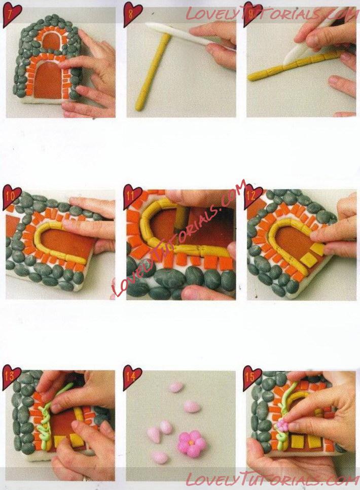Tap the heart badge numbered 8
[133, 14]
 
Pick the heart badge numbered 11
[133, 197]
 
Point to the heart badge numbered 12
[254, 197]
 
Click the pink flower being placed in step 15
[282, 426]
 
